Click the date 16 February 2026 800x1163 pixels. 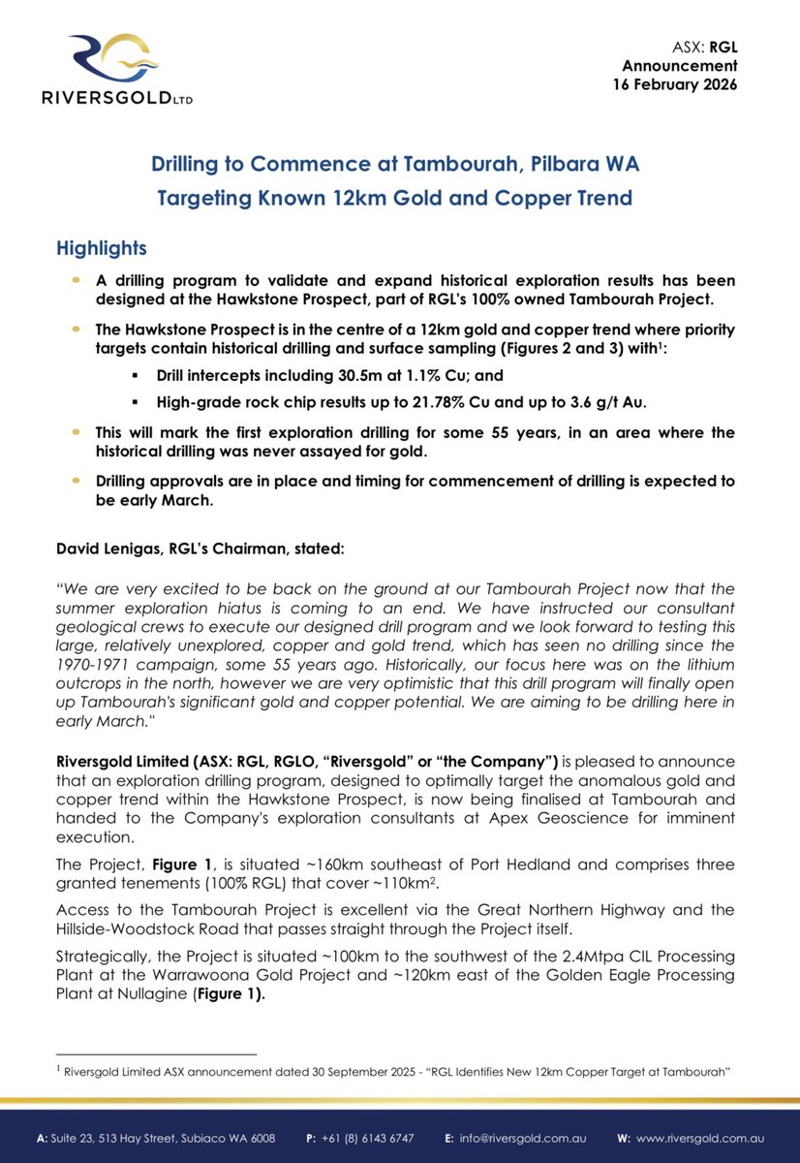674,84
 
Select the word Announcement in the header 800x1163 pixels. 680,65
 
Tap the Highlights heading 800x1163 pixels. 102,248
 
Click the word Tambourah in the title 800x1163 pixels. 415,164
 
